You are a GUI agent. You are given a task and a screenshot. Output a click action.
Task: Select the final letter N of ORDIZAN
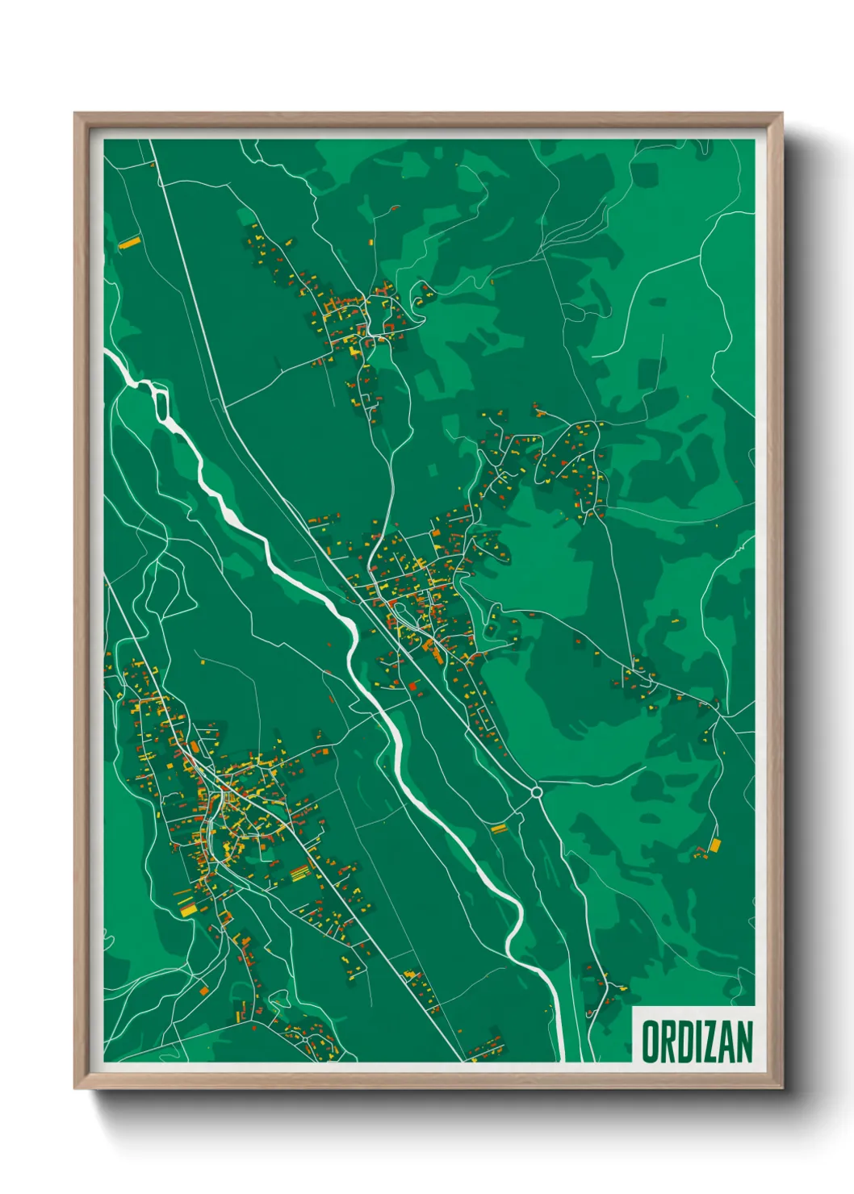click(743, 1042)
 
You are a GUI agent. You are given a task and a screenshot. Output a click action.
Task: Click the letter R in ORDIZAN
click(668, 1042)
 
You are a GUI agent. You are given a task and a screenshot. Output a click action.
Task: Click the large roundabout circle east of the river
click(536, 793)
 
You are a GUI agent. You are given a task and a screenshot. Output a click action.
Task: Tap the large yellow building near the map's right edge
click(714, 845)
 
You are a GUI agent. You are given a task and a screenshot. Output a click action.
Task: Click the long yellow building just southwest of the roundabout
click(498, 828)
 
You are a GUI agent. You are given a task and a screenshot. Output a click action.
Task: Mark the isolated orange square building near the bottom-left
click(204, 990)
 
